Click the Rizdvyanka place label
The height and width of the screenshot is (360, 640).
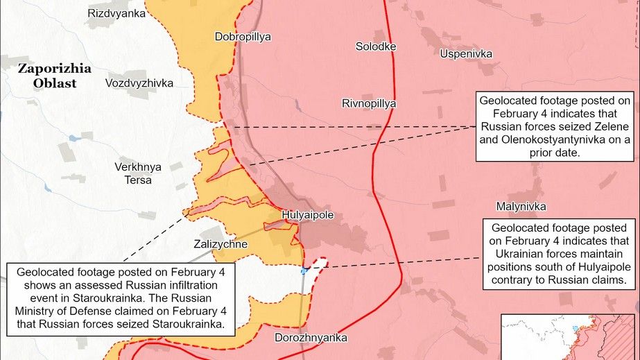coord(116,13)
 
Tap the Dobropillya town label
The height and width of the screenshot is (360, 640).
coord(243,37)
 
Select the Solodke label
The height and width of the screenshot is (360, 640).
coord(376,46)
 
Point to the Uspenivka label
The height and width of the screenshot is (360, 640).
coord(466,53)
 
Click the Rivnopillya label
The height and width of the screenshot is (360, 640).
coord(369,103)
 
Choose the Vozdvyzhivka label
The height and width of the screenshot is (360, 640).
coord(139,83)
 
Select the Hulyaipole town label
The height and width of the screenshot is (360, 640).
coord(308,215)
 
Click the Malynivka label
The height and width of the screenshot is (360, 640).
coord(521,207)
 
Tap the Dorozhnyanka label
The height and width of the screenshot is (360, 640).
coord(311,338)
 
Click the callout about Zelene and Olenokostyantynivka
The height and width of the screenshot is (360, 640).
coord(555,126)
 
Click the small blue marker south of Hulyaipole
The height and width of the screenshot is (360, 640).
coord(303,271)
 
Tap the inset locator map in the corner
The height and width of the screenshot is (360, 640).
coord(569,336)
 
